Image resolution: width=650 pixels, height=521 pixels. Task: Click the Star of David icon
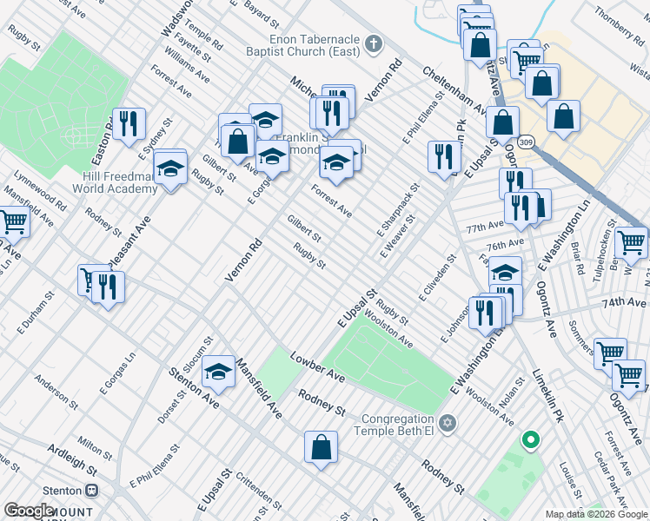coord(448,424)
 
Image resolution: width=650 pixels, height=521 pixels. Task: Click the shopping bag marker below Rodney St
coord(321,448)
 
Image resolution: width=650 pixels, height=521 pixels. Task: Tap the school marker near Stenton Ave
coord(218,373)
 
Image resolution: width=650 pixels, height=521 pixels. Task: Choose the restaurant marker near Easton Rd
coord(129,123)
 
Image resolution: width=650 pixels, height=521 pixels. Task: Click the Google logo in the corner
coord(29,511)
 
